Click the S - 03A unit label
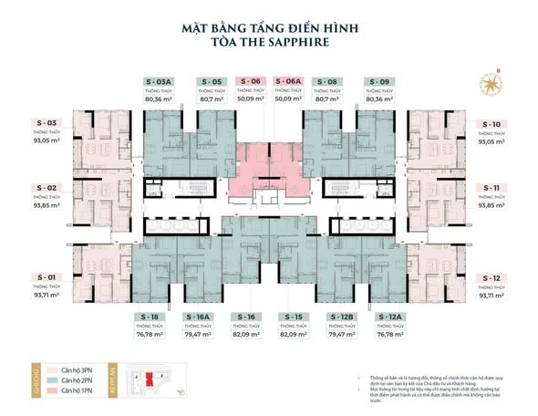159,81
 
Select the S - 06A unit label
288,81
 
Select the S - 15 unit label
290,316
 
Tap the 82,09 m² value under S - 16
243,335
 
